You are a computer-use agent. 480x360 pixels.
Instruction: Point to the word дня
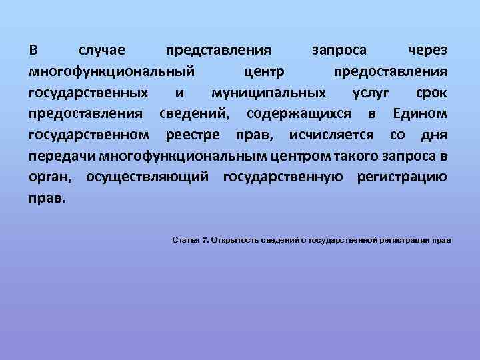[x=434, y=135]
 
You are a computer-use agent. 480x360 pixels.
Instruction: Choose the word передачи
[x=62, y=157]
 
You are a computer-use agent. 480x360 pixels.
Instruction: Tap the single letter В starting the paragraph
[x=33, y=51]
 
